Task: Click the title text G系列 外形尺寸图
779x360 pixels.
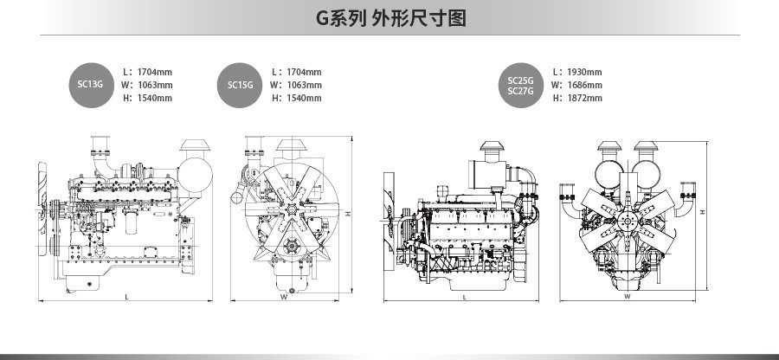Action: tap(390, 18)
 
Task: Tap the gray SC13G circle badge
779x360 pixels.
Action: tap(90, 84)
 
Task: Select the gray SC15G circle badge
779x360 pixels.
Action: tap(240, 85)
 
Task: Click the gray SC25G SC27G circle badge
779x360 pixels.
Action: tap(520, 85)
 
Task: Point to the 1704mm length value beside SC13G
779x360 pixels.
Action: tap(155, 72)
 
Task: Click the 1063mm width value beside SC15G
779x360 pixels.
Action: tap(304, 85)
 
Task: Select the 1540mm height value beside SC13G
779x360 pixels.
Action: tap(155, 98)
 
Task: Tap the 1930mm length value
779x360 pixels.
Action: tap(584, 72)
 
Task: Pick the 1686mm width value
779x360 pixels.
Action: tap(584, 85)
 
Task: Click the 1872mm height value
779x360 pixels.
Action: tap(584, 98)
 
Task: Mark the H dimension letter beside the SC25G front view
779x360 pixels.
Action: tap(703, 211)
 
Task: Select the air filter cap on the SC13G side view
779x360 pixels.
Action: tap(196, 143)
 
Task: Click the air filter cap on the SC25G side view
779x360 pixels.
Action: tap(493, 146)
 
